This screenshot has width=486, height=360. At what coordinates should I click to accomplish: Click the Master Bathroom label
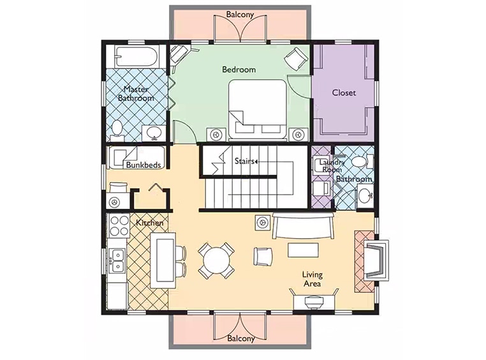coord(136,94)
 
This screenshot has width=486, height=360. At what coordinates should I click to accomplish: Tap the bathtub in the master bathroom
coord(136,56)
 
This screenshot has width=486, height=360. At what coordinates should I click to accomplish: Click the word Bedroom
coord(239,69)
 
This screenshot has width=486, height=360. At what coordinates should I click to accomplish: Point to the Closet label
coord(344,93)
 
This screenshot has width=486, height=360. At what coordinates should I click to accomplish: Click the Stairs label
coord(244,161)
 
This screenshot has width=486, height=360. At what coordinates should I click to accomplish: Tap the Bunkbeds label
coord(144,165)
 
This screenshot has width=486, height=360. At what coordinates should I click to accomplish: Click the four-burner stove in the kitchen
coord(120,225)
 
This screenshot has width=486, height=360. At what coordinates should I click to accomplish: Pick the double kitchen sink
coord(118,260)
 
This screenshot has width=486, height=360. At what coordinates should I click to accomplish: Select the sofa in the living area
coord(303,225)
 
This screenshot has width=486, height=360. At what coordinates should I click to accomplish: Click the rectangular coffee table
coord(303,250)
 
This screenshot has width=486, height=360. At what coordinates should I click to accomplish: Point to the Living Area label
coord(313,279)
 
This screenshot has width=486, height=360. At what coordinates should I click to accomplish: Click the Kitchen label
coord(150,223)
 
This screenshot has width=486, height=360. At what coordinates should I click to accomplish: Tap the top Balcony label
coord(240,14)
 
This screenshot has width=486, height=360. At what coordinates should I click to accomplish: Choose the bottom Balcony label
coord(241,338)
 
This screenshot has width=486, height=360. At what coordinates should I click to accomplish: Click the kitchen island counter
coord(163,261)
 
